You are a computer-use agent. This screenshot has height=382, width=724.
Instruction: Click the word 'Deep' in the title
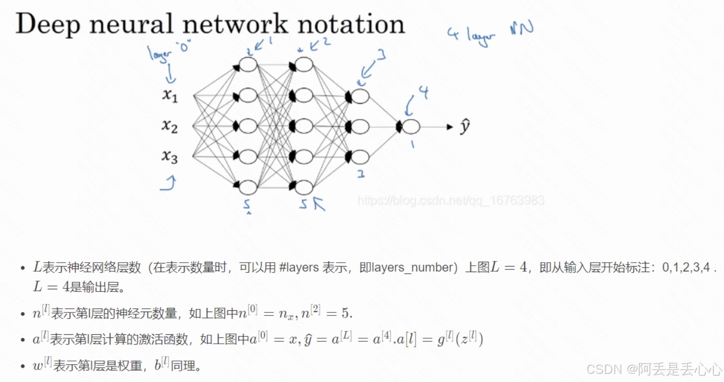47,24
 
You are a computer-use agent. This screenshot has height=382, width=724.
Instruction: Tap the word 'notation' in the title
351,24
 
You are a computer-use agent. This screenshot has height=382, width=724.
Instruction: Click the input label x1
170,95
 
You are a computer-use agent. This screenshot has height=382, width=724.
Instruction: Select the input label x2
170,126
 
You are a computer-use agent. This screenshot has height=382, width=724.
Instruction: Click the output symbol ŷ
465,127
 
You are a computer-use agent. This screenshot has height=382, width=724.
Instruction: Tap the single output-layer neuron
411,127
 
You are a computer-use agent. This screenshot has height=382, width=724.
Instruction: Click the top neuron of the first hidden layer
248,65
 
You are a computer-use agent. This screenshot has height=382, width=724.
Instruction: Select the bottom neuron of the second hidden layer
304,187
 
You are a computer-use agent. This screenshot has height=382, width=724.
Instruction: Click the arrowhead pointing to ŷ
449,127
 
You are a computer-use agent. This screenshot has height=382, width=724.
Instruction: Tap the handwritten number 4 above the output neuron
424,92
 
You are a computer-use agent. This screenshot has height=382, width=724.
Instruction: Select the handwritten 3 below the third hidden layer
361,174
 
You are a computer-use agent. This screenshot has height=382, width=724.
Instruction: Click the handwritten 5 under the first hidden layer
247,204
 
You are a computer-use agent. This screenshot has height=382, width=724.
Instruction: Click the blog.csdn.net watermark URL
451,200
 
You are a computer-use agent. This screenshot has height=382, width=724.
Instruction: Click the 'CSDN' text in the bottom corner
604,369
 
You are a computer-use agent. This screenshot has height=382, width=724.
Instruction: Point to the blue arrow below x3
169,183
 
